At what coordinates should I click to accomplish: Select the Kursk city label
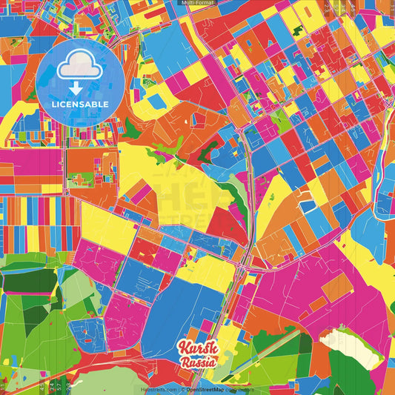(x=196, y=348)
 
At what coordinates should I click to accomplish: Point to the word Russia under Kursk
(x=198, y=362)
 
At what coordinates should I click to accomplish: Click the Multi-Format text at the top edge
(x=197, y=3)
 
